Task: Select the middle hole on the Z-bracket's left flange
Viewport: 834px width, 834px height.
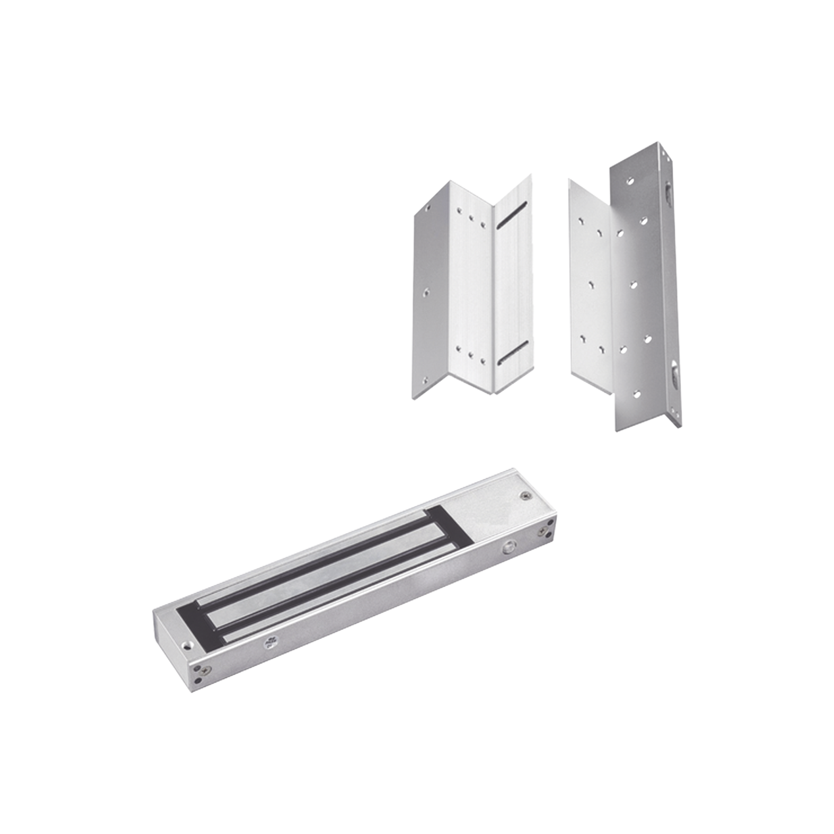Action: pyautogui.click(x=427, y=291)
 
